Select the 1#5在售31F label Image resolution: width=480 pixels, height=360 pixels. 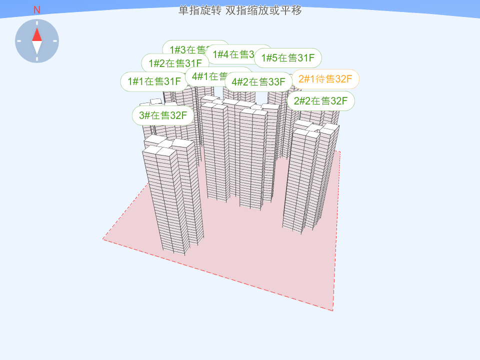pos(288,58)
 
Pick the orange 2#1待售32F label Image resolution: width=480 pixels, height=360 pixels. pos(325,79)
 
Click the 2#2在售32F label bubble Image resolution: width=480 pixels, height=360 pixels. pos(320,101)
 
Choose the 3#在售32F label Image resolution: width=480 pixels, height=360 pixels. pos(162,115)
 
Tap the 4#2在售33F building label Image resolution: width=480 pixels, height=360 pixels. pos(258,81)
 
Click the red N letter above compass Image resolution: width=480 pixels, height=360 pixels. pos(36,10)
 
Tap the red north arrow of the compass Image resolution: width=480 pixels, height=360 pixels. pos(37,34)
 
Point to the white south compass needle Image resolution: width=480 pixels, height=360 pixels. pos(37,47)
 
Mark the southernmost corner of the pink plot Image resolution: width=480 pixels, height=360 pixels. pos(332,310)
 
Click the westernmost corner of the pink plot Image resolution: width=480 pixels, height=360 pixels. pos(103,239)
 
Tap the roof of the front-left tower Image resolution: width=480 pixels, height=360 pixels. pos(168,146)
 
